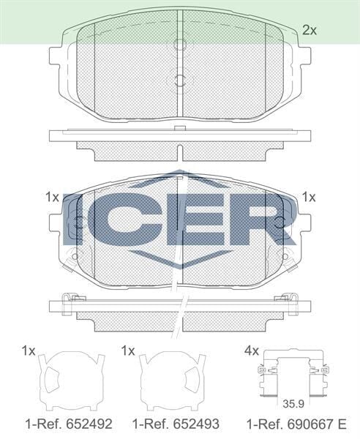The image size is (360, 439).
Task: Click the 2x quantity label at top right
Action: coord(310,30)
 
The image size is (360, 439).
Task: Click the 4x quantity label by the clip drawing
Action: coord(252,350)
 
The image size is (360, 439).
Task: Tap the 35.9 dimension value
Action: coord(293,404)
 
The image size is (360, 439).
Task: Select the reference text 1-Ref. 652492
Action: coord(69,424)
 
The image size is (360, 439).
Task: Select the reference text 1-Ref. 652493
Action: coord(176,424)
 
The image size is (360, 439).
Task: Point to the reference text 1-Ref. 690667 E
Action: coord(296,424)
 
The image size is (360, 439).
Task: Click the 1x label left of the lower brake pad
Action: coord(53,198)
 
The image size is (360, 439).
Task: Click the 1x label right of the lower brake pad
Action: coord(309,198)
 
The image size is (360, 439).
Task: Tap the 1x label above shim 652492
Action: coord(29,350)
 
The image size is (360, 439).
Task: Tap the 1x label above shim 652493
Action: coord(128,350)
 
